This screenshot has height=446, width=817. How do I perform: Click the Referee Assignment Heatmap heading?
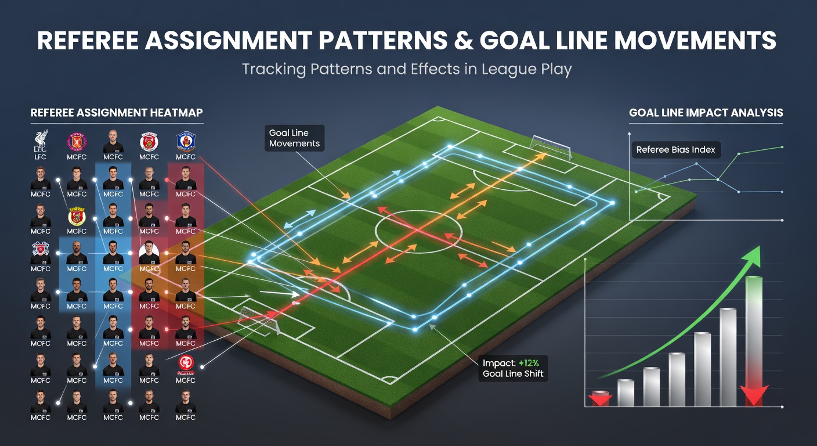click(117, 113)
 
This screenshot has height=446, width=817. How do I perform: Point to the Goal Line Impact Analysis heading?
click(706, 113)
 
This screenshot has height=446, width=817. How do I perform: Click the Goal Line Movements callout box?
click(294, 138)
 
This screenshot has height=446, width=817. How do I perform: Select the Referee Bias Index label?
click(676, 150)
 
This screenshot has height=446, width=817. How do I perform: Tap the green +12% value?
click(529, 363)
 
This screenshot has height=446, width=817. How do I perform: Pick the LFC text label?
click(40, 157)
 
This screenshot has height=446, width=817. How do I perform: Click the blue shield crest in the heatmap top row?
click(186, 141)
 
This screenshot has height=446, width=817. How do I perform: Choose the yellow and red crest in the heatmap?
click(77, 217)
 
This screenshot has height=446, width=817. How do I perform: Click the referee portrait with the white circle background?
click(149, 252)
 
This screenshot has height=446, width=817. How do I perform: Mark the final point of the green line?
click(782, 147)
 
